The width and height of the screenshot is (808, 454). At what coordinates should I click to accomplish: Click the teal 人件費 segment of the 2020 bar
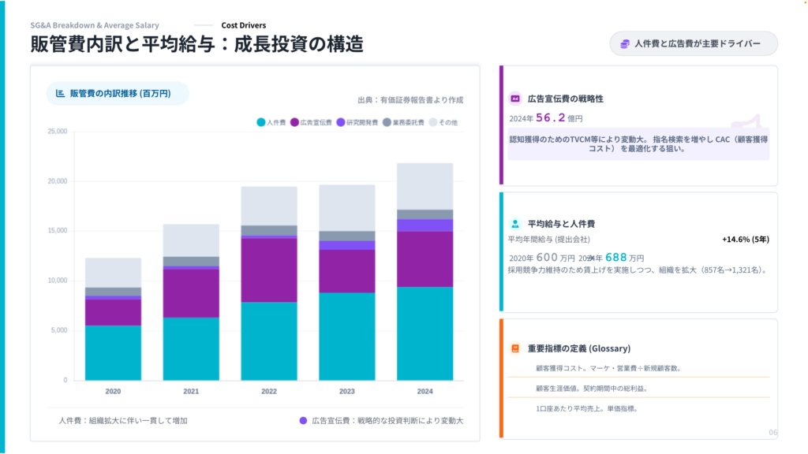113,352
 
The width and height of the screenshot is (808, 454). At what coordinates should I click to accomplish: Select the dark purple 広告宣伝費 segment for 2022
269,270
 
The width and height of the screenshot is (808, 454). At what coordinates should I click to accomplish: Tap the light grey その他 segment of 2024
425,186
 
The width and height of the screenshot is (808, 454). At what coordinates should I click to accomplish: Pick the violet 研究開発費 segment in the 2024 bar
425,225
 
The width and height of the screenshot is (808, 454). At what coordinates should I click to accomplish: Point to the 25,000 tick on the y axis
56,132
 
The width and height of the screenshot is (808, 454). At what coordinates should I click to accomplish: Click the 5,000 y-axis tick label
58,330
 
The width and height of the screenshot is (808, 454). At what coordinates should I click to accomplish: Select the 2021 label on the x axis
191,391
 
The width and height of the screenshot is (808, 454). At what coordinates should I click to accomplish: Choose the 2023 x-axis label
347,391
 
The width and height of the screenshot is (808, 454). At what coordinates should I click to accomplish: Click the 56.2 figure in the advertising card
552,117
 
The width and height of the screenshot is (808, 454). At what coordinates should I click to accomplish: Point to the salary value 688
616,257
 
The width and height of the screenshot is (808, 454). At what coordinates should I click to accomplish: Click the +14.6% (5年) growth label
746,239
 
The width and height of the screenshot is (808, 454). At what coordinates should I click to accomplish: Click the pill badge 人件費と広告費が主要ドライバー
693,44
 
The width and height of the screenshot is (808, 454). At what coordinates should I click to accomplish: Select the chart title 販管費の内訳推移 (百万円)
117,93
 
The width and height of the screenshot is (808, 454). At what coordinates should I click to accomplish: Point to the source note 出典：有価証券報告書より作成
410,100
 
